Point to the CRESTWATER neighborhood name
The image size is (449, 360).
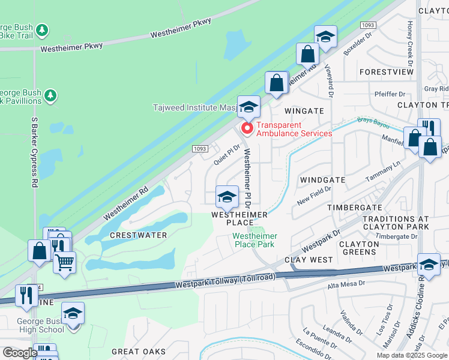click(x=139, y=235)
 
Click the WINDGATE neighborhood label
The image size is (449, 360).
click(x=323, y=180)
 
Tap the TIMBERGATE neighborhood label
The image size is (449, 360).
click(x=355, y=207)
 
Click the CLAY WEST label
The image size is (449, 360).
click(x=309, y=260)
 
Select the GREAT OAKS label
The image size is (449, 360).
click(x=139, y=352)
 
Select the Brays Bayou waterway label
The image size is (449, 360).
click(x=372, y=122)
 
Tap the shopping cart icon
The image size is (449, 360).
click(x=65, y=262)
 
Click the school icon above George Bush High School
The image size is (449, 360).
click(x=73, y=314)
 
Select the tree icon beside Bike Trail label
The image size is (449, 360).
click(x=41, y=29)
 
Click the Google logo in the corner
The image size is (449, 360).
click(x=20, y=353)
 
